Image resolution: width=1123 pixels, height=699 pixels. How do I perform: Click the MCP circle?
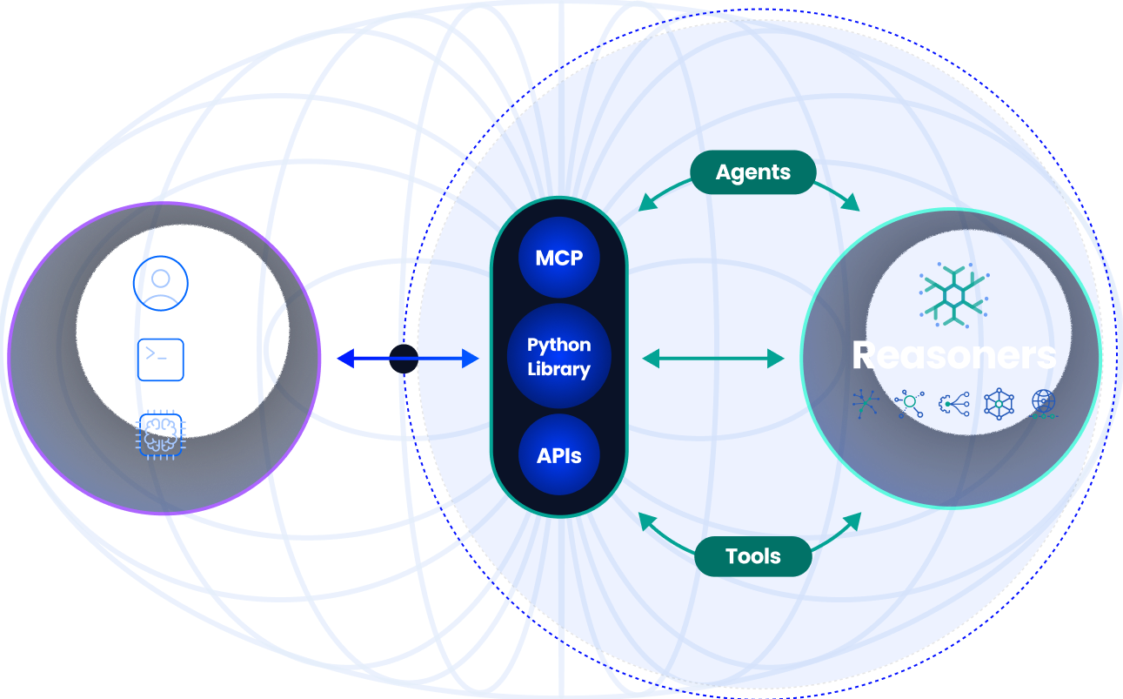click(x=558, y=259)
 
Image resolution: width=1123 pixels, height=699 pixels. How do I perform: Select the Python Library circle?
click(x=558, y=357)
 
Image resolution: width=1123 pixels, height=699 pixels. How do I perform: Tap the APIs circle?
click(x=558, y=455)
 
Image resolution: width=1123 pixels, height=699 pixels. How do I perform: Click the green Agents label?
click(x=752, y=172)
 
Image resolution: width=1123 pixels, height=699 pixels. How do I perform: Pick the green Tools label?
click(x=752, y=556)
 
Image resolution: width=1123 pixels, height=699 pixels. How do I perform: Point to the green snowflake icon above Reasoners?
click(x=953, y=292)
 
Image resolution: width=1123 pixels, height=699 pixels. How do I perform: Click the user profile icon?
click(x=160, y=283)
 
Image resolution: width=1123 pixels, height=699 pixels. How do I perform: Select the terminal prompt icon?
click(x=161, y=359)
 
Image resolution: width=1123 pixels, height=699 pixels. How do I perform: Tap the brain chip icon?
click(x=161, y=434)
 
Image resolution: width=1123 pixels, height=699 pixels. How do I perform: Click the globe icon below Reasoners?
click(x=1043, y=404)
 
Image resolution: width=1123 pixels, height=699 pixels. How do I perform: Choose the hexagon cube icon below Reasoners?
click(x=999, y=404)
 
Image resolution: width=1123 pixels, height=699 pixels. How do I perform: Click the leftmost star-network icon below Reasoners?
click(x=866, y=403)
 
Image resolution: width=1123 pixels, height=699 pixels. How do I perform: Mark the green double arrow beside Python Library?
click(x=713, y=358)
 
